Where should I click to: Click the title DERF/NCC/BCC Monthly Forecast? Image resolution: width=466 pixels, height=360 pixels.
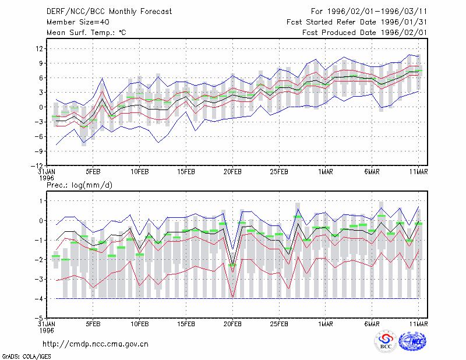point(109,12)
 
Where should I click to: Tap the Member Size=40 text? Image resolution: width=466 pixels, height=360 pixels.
point(78,22)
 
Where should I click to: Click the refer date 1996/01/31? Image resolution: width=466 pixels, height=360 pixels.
point(404,22)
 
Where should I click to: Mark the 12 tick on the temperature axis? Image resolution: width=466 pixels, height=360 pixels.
point(39,48)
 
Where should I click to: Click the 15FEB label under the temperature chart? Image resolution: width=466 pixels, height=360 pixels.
point(186,172)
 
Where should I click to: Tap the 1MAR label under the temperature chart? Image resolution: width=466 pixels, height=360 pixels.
point(326,172)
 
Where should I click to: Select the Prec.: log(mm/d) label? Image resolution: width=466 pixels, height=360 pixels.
point(80,185)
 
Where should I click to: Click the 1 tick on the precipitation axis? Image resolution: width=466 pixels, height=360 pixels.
point(41,201)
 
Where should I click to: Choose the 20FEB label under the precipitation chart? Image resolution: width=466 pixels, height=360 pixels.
point(232,324)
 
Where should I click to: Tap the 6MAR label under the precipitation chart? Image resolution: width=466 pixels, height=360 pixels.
point(372,324)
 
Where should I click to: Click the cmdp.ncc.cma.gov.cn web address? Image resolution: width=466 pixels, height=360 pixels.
point(96,344)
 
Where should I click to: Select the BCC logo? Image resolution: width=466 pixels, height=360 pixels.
point(386,342)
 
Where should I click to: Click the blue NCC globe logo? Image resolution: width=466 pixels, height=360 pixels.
point(412,341)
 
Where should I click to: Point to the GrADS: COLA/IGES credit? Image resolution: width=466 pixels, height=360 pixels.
point(26,357)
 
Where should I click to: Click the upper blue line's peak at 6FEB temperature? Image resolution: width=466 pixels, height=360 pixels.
point(103,78)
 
